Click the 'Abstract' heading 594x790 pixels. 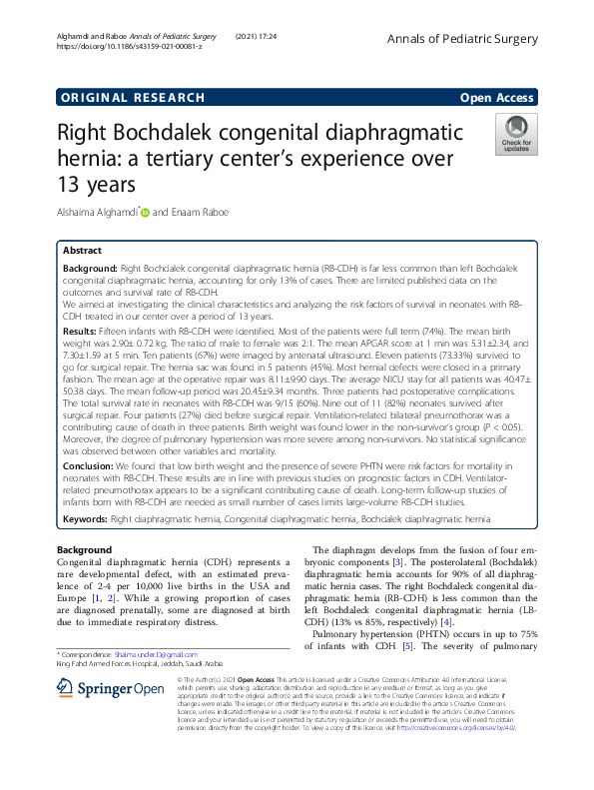[82, 252]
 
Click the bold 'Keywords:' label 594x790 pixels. [85, 520]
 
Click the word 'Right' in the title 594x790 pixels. [89, 133]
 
